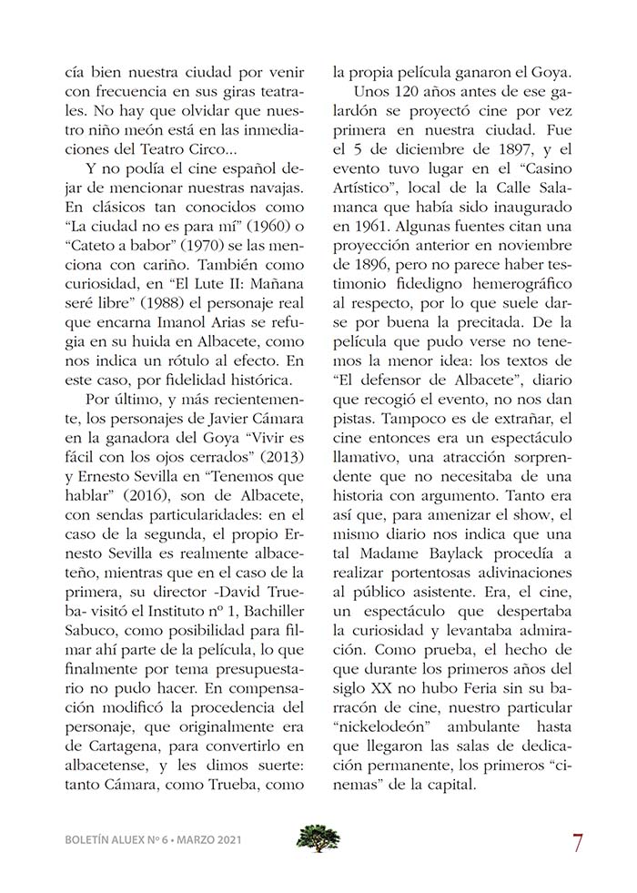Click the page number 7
coord(578,842)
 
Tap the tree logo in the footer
coord(318,838)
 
